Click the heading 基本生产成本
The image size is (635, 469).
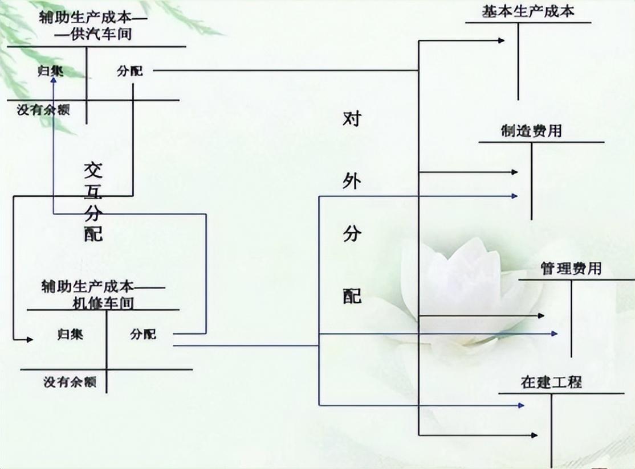[528, 11]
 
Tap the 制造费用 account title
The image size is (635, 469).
[532, 131]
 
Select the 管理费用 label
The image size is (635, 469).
[571, 268]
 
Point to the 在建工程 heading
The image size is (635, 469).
[551, 382]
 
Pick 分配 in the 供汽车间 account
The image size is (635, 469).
[130, 72]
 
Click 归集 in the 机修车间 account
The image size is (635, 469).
[70, 334]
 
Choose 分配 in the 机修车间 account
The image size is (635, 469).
[143, 334]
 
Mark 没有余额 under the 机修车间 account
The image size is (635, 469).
[70, 382]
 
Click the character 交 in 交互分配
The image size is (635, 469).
[93, 170]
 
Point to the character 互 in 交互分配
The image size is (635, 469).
[93, 192]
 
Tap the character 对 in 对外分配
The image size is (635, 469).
[352, 119]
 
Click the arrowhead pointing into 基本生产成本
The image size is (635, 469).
[501, 40]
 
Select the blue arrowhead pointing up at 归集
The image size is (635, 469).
[53, 81]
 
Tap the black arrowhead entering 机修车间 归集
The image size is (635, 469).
[29, 340]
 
